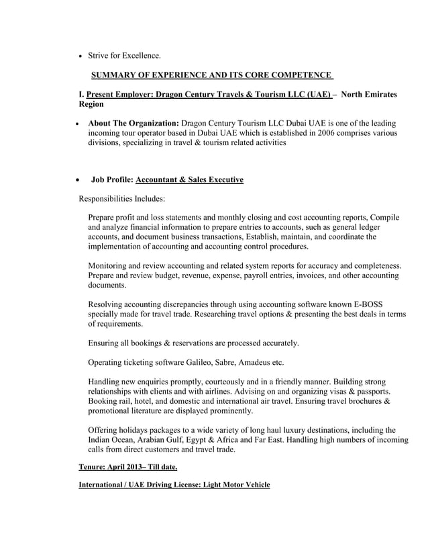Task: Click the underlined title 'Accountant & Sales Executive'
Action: (189, 179)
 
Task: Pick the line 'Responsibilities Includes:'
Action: (122, 199)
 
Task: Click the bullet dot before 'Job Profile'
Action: (78, 180)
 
